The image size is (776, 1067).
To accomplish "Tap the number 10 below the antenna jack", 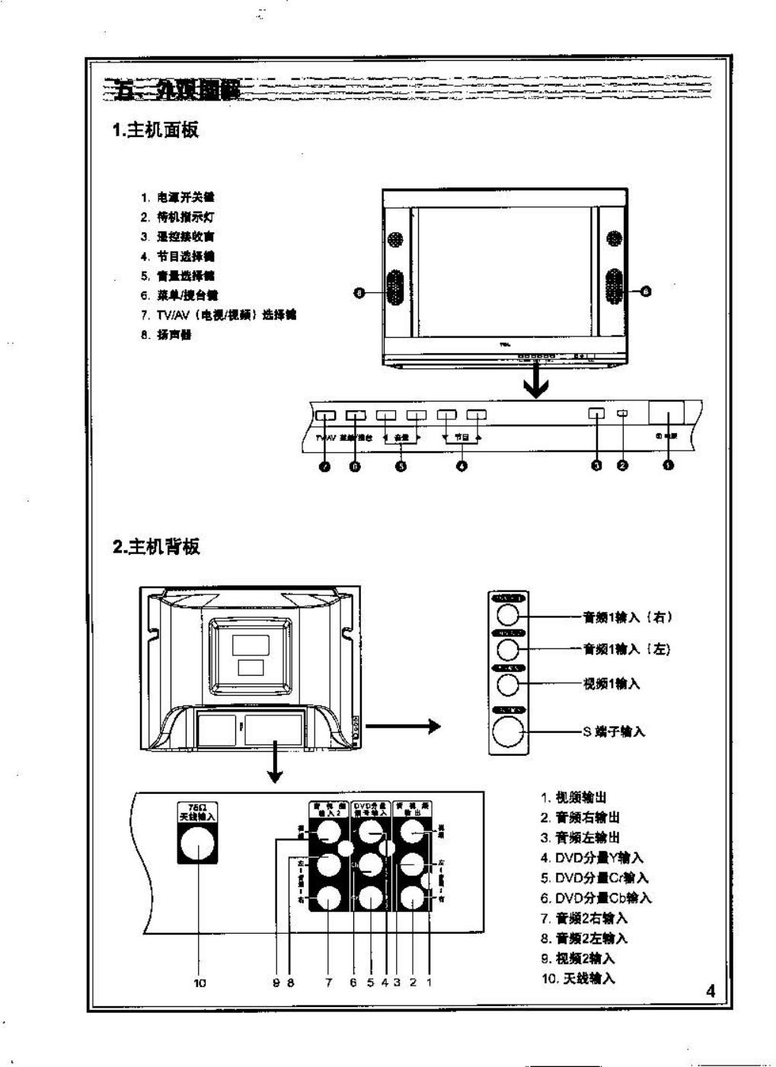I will point(200,983).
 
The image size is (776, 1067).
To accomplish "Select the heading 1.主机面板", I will point(156,130).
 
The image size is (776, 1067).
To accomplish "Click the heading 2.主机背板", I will point(157,546).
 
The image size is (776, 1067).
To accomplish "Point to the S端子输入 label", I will point(614,731).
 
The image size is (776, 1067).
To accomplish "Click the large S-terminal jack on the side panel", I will point(508,732).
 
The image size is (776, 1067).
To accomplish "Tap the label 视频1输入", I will point(612,683).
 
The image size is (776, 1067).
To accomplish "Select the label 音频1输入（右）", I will point(628,617).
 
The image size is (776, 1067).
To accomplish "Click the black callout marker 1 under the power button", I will point(668,466).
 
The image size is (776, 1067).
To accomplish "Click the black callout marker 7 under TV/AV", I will point(325,466).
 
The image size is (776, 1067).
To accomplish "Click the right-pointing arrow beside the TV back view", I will point(404,725).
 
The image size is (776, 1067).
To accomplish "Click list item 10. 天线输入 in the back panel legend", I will point(578,979).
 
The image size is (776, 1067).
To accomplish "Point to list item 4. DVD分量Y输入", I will point(592,858).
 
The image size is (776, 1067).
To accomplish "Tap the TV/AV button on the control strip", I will point(325,416).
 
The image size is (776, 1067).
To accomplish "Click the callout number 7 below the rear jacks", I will point(329,983).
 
